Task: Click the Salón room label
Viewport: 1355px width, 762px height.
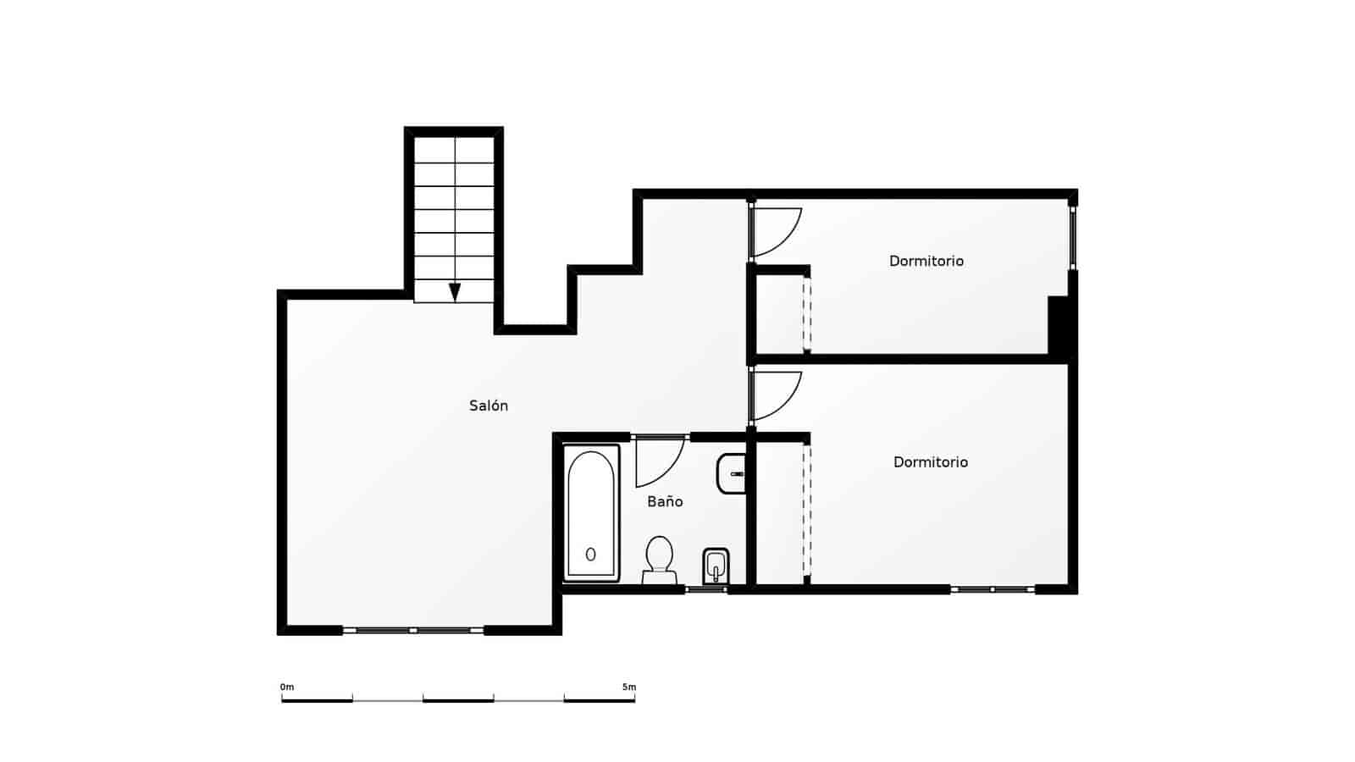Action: point(489,406)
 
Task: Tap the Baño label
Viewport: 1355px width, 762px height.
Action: point(665,501)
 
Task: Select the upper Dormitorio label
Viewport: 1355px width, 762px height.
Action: point(926,261)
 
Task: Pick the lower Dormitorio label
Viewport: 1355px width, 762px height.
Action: point(930,461)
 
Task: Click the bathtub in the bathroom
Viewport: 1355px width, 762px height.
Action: point(591,514)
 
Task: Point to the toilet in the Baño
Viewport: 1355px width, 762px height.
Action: point(659,559)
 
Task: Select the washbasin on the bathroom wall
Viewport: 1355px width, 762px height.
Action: point(731,473)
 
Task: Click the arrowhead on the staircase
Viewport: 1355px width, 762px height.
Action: point(455,292)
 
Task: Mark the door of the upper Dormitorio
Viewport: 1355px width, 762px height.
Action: point(777,231)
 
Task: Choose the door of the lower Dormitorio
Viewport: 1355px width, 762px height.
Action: point(777,396)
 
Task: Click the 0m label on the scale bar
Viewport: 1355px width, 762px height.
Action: point(287,687)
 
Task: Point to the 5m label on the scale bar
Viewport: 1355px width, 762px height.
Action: point(628,687)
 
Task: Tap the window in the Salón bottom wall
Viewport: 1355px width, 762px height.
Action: point(412,630)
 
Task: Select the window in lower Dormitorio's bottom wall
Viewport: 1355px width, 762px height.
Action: point(992,588)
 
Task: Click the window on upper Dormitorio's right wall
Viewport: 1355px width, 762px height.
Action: point(1072,238)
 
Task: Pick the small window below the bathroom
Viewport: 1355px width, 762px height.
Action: point(705,588)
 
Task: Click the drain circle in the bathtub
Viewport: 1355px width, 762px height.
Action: point(590,555)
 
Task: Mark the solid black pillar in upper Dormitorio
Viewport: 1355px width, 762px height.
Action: point(1059,325)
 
